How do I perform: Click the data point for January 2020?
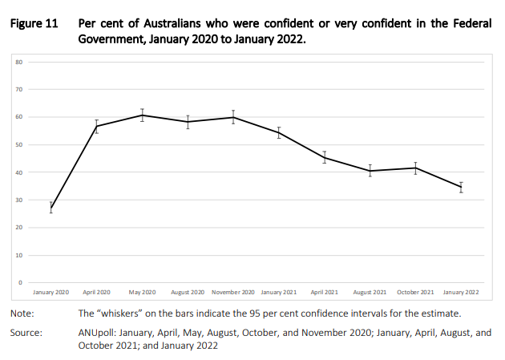50,208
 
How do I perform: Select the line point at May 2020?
142,115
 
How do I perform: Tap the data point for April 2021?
325,157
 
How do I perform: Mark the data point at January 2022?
461,187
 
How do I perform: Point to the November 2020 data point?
233,117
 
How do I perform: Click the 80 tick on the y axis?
19,63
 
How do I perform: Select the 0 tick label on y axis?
21,283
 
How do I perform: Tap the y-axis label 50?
19,145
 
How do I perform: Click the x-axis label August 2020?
188,293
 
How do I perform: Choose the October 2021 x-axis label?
415,293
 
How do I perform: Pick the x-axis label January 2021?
279,293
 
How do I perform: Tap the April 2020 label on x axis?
96,293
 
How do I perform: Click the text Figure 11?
34,23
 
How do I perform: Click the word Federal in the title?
472,23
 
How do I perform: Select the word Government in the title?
111,39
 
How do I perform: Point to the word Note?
22,313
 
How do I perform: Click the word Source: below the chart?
26,333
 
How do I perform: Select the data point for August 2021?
370,171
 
